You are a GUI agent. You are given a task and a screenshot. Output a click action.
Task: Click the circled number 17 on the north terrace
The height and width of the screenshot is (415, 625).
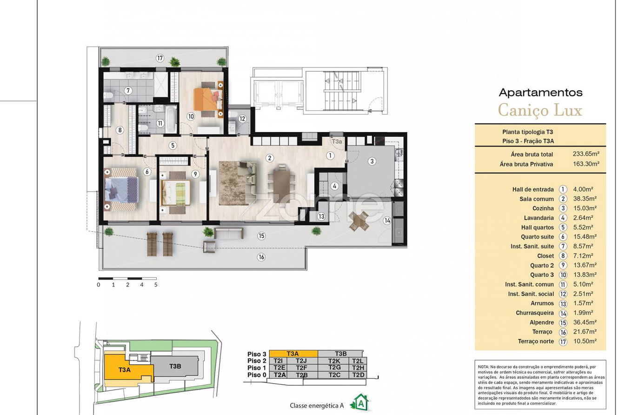[x=160, y=58]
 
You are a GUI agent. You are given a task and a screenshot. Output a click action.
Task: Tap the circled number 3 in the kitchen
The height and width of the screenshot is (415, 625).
[x=372, y=161]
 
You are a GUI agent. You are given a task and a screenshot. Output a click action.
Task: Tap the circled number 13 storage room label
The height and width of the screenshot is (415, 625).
[x=321, y=216]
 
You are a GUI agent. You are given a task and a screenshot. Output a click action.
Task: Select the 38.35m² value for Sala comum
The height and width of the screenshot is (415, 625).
[x=585, y=199]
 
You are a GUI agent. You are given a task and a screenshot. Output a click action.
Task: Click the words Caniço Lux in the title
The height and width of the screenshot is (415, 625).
[x=540, y=110]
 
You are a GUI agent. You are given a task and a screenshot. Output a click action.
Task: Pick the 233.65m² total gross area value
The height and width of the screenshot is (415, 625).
[x=586, y=154]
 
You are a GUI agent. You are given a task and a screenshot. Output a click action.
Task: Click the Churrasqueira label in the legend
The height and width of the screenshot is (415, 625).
[x=535, y=313]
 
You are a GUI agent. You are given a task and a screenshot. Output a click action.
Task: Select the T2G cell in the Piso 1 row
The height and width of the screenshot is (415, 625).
[x=334, y=368]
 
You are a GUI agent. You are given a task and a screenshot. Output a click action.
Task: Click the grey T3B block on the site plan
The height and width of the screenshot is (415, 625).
[x=175, y=366]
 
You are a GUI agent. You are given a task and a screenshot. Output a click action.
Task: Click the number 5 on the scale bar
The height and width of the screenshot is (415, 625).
[x=156, y=285]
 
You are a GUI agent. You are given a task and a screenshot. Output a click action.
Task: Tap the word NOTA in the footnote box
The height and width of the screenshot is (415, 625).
[x=484, y=367]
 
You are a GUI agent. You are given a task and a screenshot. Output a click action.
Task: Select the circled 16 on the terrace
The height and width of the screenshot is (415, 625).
[x=261, y=257]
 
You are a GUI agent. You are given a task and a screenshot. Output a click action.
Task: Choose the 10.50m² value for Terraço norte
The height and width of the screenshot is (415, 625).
[x=585, y=341]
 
